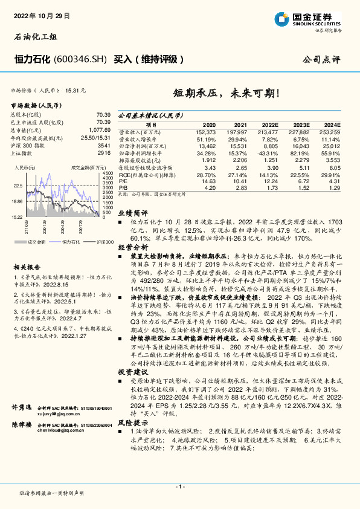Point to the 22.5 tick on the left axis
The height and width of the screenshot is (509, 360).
[x=18, y=186]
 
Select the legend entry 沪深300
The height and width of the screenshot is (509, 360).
[x=103, y=224]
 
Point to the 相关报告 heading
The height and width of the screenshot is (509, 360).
[x=24, y=250]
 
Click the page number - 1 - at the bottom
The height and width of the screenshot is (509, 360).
[x=179, y=486]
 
